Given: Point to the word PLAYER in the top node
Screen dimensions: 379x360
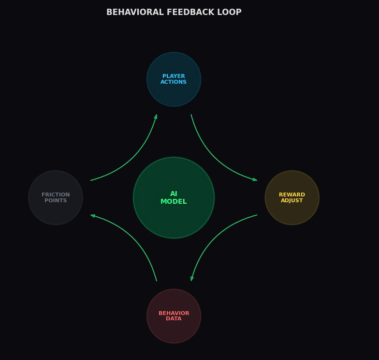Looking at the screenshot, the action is click(x=174, y=76).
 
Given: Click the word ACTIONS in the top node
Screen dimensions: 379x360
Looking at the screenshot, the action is click(x=174, y=82).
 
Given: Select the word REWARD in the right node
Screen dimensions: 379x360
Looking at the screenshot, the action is click(x=292, y=195).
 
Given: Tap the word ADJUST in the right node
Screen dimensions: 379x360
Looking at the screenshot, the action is click(x=292, y=201).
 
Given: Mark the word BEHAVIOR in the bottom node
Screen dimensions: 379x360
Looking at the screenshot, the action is click(x=174, y=314).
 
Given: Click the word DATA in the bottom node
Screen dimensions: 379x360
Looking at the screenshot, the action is click(x=174, y=319).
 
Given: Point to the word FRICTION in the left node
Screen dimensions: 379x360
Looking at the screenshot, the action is click(x=56, y=195).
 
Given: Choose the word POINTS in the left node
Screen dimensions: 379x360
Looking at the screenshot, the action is click(x=56, y=201).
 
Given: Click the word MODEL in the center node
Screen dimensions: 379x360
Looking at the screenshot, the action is click(x=174, y=202).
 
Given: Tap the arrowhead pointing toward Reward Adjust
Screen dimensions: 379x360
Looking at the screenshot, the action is click(x=255, y=180).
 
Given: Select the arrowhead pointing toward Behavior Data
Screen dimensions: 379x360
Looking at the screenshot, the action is click(x=192, y=278).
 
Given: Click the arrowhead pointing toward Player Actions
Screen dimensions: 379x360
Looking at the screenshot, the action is click(x=156, y=117).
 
